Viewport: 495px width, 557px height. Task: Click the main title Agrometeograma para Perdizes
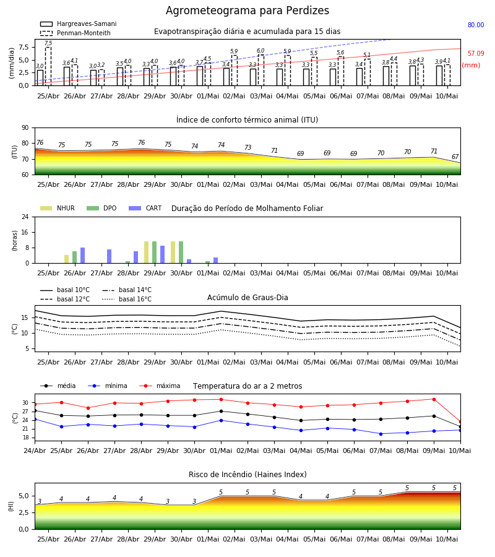(247, 11)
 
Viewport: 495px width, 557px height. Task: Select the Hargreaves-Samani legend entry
(78, 24)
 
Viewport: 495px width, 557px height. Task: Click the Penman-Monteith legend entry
(75, 33)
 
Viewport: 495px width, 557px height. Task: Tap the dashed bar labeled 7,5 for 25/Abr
(48, 66)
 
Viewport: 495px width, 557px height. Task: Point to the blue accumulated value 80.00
(476, 25)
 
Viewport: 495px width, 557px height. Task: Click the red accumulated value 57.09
(476, 53)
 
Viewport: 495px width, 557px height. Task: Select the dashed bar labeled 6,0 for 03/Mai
(261, 71)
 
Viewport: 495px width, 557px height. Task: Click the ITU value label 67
(455, 157)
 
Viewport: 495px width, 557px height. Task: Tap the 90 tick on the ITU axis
(25, 128)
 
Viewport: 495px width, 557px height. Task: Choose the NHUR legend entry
(58, 208)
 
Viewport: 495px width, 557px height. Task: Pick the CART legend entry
(145, 208)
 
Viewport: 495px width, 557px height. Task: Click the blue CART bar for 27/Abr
(109, 256)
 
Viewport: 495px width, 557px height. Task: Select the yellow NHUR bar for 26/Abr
(66, 259)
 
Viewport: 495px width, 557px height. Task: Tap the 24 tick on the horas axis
(25, 217)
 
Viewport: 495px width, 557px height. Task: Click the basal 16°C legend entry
(127, 299)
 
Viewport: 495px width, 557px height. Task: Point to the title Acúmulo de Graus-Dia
(247, 298)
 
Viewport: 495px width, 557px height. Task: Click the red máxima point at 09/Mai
(434, 399)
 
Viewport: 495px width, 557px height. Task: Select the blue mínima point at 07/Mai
(381, 434)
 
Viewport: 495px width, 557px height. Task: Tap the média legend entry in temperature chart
(58, 386)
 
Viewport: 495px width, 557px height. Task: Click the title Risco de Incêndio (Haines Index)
(247, 475)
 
